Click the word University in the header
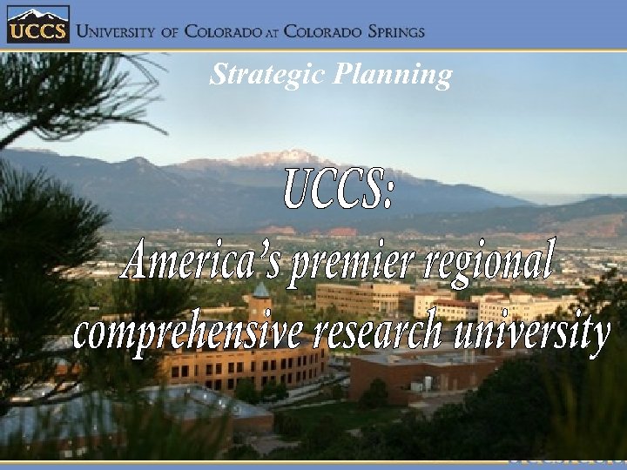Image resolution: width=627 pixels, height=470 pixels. [118, 31]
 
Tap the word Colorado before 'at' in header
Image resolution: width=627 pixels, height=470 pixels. [224, 31]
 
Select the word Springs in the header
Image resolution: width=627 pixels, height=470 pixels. [389, 31]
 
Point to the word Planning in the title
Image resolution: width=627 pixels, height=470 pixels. [391, 77]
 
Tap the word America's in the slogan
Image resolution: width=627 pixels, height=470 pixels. [201, 258]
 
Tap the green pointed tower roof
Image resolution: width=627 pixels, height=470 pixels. [261, 289]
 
